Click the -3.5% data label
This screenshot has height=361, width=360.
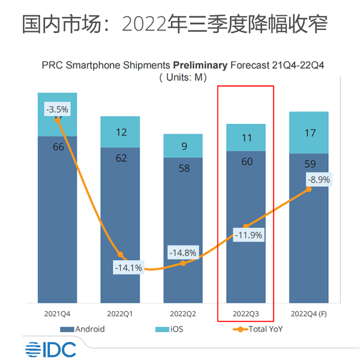pyautogui.click(x=58, y=109)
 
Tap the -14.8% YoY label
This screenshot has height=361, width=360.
pyautogui.click(x=182, y=253)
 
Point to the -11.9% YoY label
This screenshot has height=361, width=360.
pyautogui.click(x=248, y=235)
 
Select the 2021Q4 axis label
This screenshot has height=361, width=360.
pyautogui.click(x=58, y=314)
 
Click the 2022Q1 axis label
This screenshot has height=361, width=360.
pyautogui.click(x=120, y=314)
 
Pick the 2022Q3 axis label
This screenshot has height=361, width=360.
pyautogui.click(x=245, y=314)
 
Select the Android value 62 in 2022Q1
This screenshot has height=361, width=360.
pyautogui.click(x=120, y=159)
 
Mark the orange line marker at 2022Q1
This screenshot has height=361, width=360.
pyautogui.click(x=120, y=255)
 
